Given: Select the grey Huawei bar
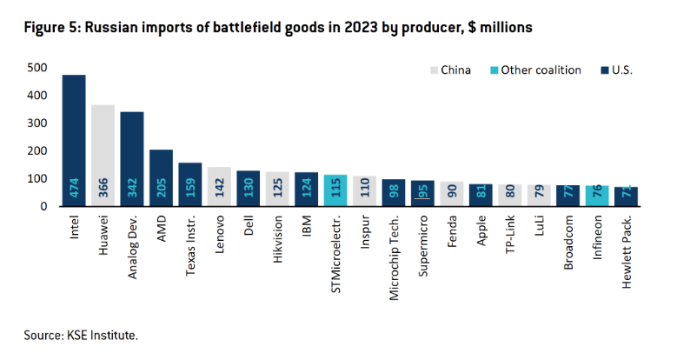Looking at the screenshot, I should [103, 156].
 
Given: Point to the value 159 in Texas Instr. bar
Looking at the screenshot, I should [189, 192].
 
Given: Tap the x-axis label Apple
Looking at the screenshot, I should [481, 230].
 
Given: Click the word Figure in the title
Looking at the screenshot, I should [48, 28].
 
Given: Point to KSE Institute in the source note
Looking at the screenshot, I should [105, 334].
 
